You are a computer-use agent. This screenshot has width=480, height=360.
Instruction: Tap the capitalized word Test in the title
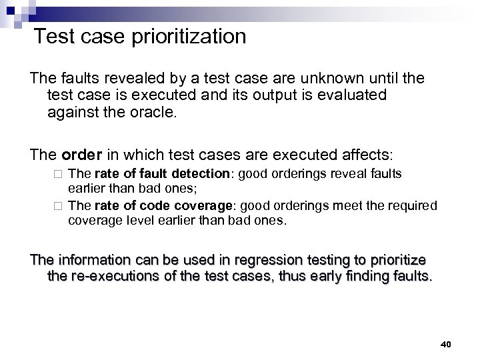[x=55, y=36]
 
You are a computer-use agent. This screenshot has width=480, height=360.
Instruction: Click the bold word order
[x=79, y=155]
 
